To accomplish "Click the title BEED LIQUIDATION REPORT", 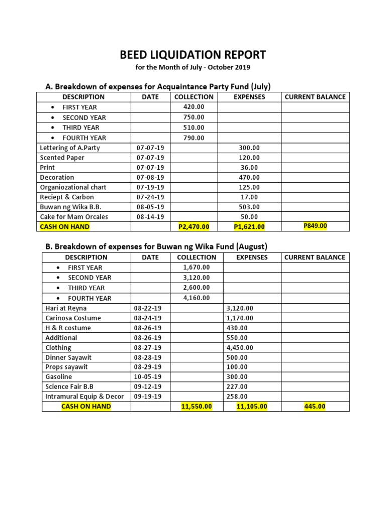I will [x=192, y=55].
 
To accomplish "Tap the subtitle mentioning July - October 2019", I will [x=192, y=67].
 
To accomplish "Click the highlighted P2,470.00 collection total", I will [x=194, y=227].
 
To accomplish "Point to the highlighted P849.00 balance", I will [x=315, y=226].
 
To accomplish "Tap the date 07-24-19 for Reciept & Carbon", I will [x=150, y=197].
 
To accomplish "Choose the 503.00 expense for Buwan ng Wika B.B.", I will [x=249, y=207].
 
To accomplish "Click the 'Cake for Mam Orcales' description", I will [x=74, y=217].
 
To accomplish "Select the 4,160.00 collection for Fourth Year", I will [x=196, y=298].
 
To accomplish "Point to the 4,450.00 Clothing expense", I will [x=240, y=347].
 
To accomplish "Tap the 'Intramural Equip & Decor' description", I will [x=84, y=397].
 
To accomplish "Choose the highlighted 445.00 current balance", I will [x=315, y=407].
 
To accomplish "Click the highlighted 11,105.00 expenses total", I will [x=251, y=407].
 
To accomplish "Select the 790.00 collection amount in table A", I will [x=194, y=138].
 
